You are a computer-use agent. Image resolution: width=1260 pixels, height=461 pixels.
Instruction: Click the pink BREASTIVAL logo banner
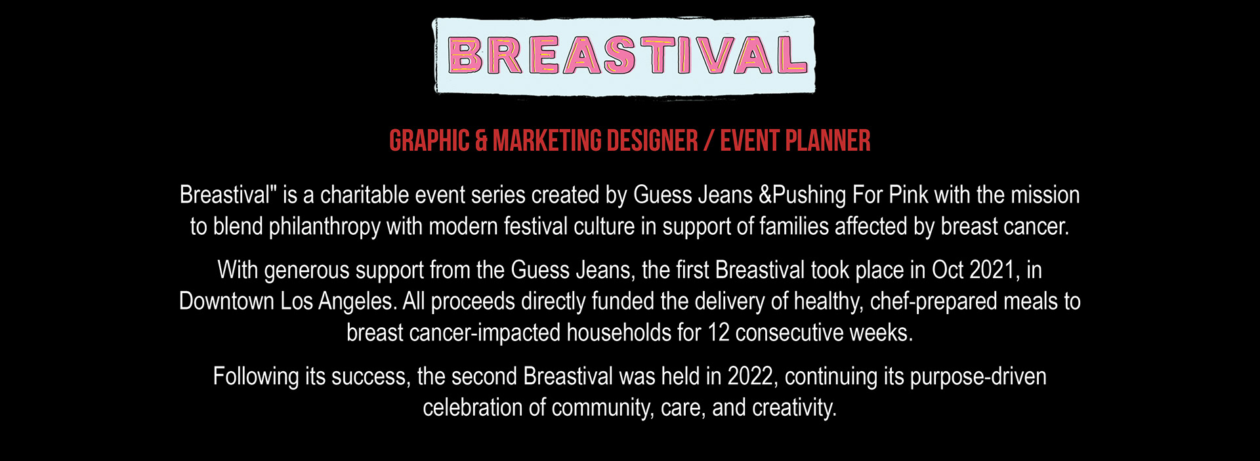(623, 56)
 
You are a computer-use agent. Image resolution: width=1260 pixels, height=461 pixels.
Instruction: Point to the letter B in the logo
(465, 55)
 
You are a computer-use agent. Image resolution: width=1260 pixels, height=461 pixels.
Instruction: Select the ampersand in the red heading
(481, 141)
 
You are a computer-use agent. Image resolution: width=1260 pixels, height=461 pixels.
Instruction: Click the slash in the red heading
(709, 141)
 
